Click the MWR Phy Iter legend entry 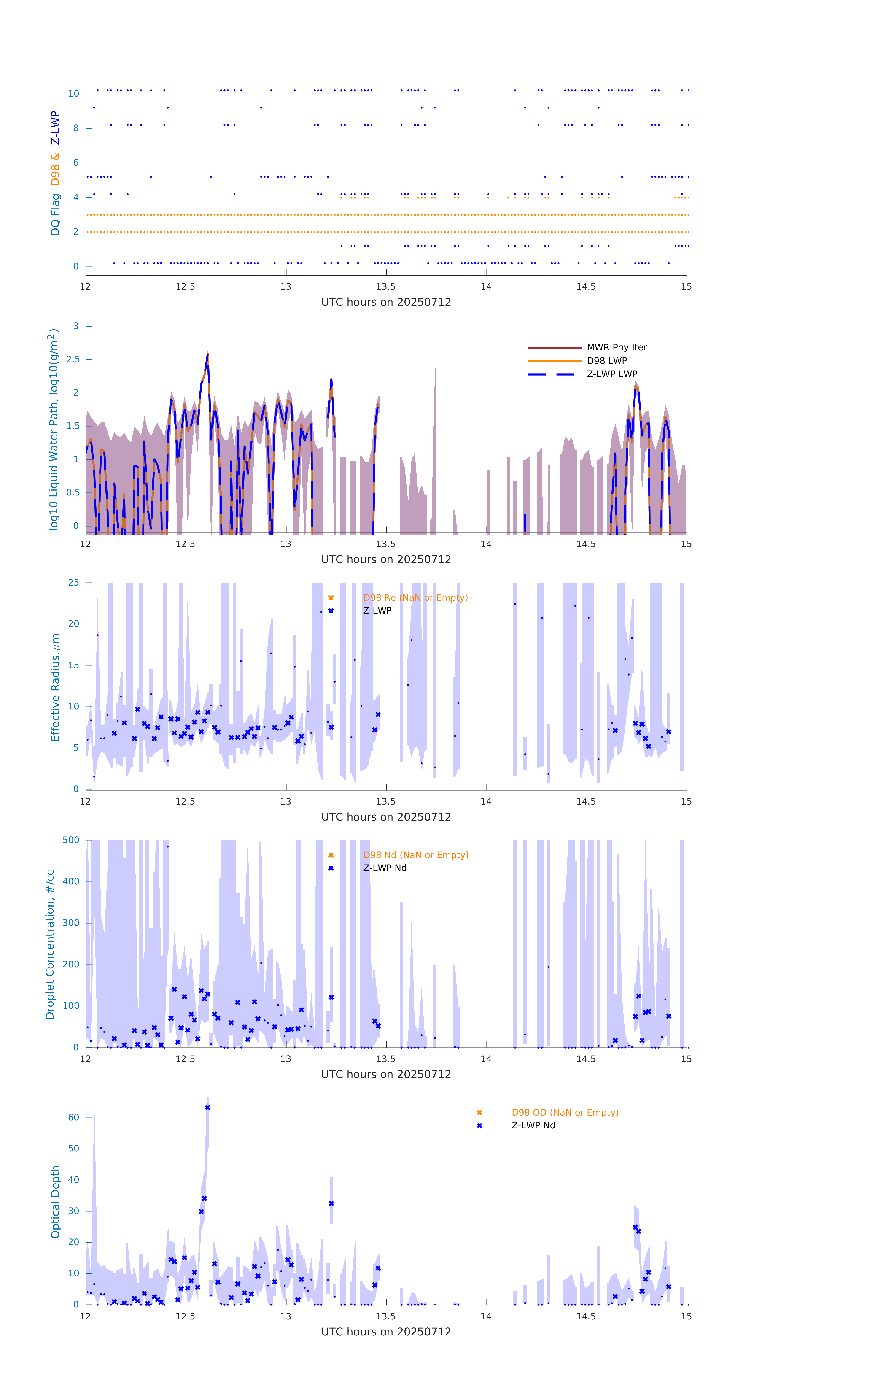point(616,347)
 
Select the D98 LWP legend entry point(606,361)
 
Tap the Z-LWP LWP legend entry point(612,374)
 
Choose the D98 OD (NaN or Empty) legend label point(564,1112)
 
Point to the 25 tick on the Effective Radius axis point(73,583)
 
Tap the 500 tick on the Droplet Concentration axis point(71,840)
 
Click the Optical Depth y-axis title point(55,1201)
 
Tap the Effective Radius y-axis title point(55,687)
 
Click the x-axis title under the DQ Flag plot point(386,302)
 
